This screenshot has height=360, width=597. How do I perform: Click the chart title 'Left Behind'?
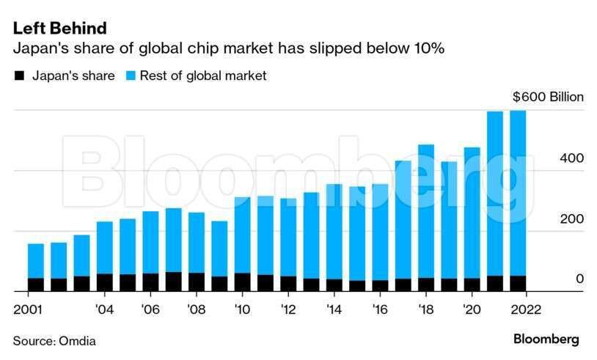coord(59,28)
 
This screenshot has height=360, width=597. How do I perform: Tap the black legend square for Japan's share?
coord(21,76)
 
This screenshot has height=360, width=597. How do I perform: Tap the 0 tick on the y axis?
coord(559,279)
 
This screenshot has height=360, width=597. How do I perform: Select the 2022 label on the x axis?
coord(522,309)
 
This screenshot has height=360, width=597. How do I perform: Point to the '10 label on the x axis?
coord(243,309)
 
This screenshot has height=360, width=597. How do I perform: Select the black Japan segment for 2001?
coord(36,284)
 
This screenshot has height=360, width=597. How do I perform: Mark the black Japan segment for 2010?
coord(242,282)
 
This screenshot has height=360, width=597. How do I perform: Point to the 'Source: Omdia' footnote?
coord(54,341)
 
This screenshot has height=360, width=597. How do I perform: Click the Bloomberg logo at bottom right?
coord(546,339)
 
